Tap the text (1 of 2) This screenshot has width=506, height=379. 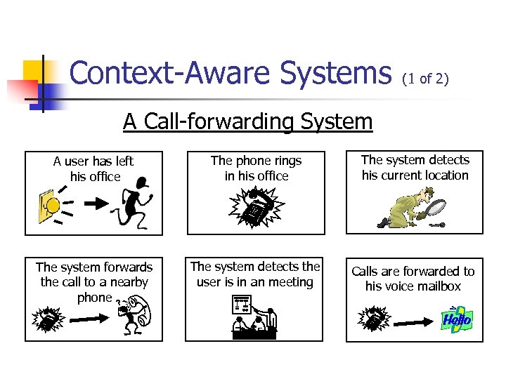(424, 79)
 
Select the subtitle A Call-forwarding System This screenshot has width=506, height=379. (247, 121)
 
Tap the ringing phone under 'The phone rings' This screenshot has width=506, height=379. (257, 209)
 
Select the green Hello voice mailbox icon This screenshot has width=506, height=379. (456, 319)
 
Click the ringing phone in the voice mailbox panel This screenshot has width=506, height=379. (373, 319)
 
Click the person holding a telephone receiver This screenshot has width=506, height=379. (134, 315)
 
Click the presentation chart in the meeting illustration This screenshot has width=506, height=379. (242, 306)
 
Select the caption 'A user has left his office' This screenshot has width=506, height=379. (93, 169)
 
